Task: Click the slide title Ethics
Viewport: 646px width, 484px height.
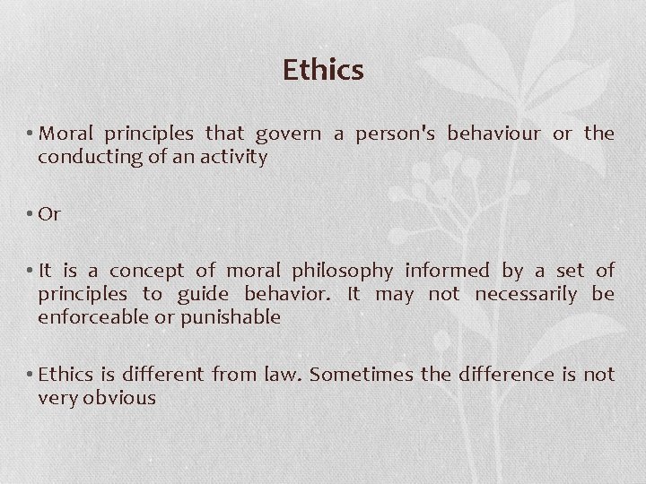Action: tap(323, 70)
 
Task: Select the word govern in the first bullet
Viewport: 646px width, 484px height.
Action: tap(288, 134)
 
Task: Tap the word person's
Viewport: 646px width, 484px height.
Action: tap(396, 134)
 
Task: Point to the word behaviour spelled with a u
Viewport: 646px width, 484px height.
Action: tap(493, 134)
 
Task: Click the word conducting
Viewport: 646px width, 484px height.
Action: tap(82, 158)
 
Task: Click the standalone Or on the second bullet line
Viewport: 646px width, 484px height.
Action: tap(49, 214)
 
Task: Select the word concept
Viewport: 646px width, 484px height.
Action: tap(147, 271)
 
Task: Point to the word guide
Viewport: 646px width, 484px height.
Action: tap(204, 294)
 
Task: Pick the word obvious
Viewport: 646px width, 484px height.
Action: tap(119, 398)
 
